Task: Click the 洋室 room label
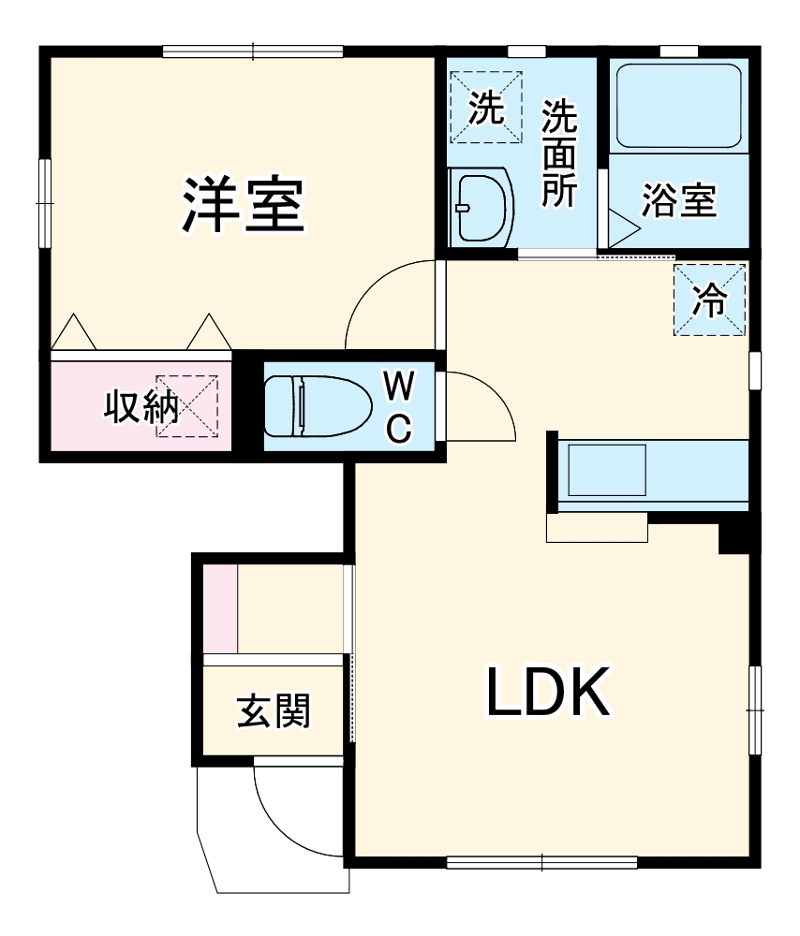[x=243, y=206]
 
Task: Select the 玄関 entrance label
[x=273, y=713]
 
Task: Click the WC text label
[x=398, y=405]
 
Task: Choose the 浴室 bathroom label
[x=678, y=201]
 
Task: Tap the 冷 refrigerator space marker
[x=709, y=300]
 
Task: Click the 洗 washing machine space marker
[x=485, y=109]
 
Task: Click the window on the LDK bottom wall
[x=541, y=861]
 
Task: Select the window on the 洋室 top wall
[x=253, y=51]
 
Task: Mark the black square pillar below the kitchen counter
[x=733, y=538]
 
